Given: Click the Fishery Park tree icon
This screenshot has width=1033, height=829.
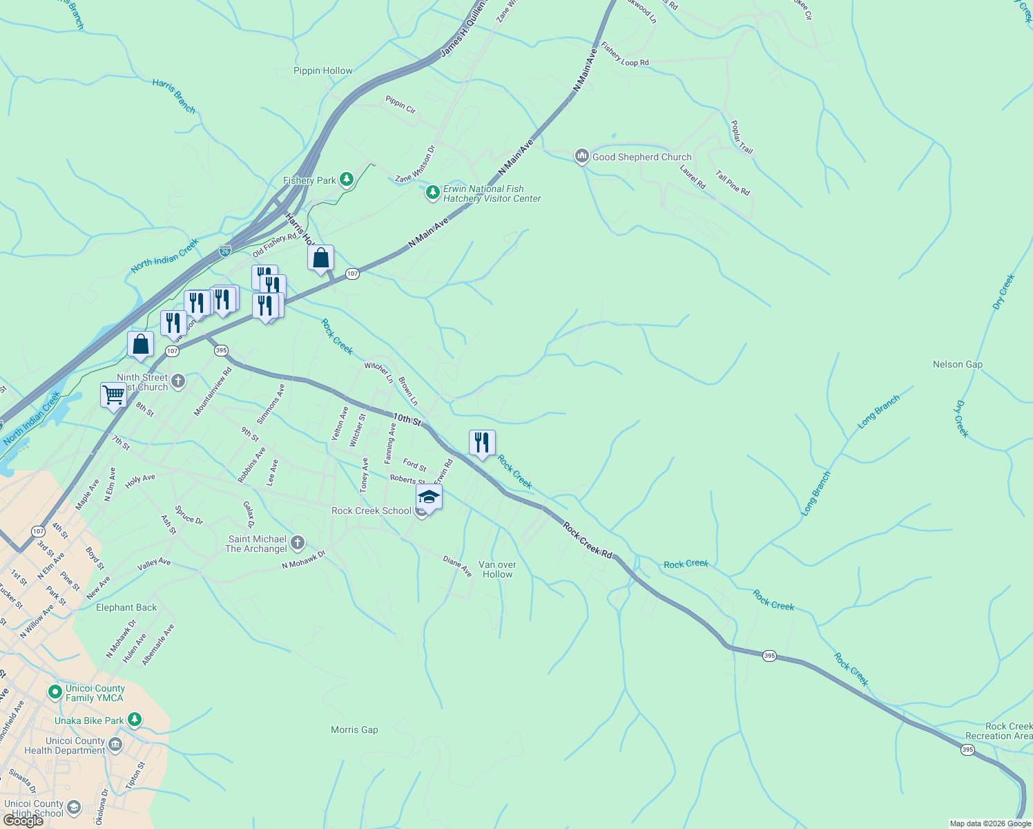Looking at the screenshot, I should click(347, 180).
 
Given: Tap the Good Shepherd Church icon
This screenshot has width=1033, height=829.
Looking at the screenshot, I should click(581, 157).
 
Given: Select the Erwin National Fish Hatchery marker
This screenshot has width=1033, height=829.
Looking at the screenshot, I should click(433, 193).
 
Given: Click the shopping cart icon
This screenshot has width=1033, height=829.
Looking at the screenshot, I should click(113, 395).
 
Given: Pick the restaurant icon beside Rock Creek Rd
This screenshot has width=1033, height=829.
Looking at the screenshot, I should click(482, 443).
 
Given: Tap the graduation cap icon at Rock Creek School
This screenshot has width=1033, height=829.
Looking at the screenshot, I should click(429, 497).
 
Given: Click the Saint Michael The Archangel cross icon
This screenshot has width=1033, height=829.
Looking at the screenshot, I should click(298, 543).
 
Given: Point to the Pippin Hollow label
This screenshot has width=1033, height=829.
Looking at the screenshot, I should click(322, 70).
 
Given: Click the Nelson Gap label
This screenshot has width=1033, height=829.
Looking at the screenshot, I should click(957, 364).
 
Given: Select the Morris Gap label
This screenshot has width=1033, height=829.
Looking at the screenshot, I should click(354, 730).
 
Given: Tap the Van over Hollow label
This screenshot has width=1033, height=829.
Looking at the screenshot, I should click(497, 569).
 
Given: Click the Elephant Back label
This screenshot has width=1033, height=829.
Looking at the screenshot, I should click(126, 607).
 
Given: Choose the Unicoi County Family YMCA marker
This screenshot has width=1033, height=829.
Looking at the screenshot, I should click(55, 692).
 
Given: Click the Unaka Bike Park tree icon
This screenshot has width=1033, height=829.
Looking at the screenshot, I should click(135, 721).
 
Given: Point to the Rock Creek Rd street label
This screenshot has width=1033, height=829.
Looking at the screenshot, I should click(588, 540).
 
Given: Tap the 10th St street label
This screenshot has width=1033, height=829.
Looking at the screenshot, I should click(407, 419).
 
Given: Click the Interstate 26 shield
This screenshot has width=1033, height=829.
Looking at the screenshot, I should click(225, 251).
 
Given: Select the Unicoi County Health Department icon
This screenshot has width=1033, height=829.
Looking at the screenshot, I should click(115, 745).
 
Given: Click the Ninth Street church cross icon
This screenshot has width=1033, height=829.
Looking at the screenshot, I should click(178, 381).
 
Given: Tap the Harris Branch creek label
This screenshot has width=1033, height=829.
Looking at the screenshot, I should click(174, 96).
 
